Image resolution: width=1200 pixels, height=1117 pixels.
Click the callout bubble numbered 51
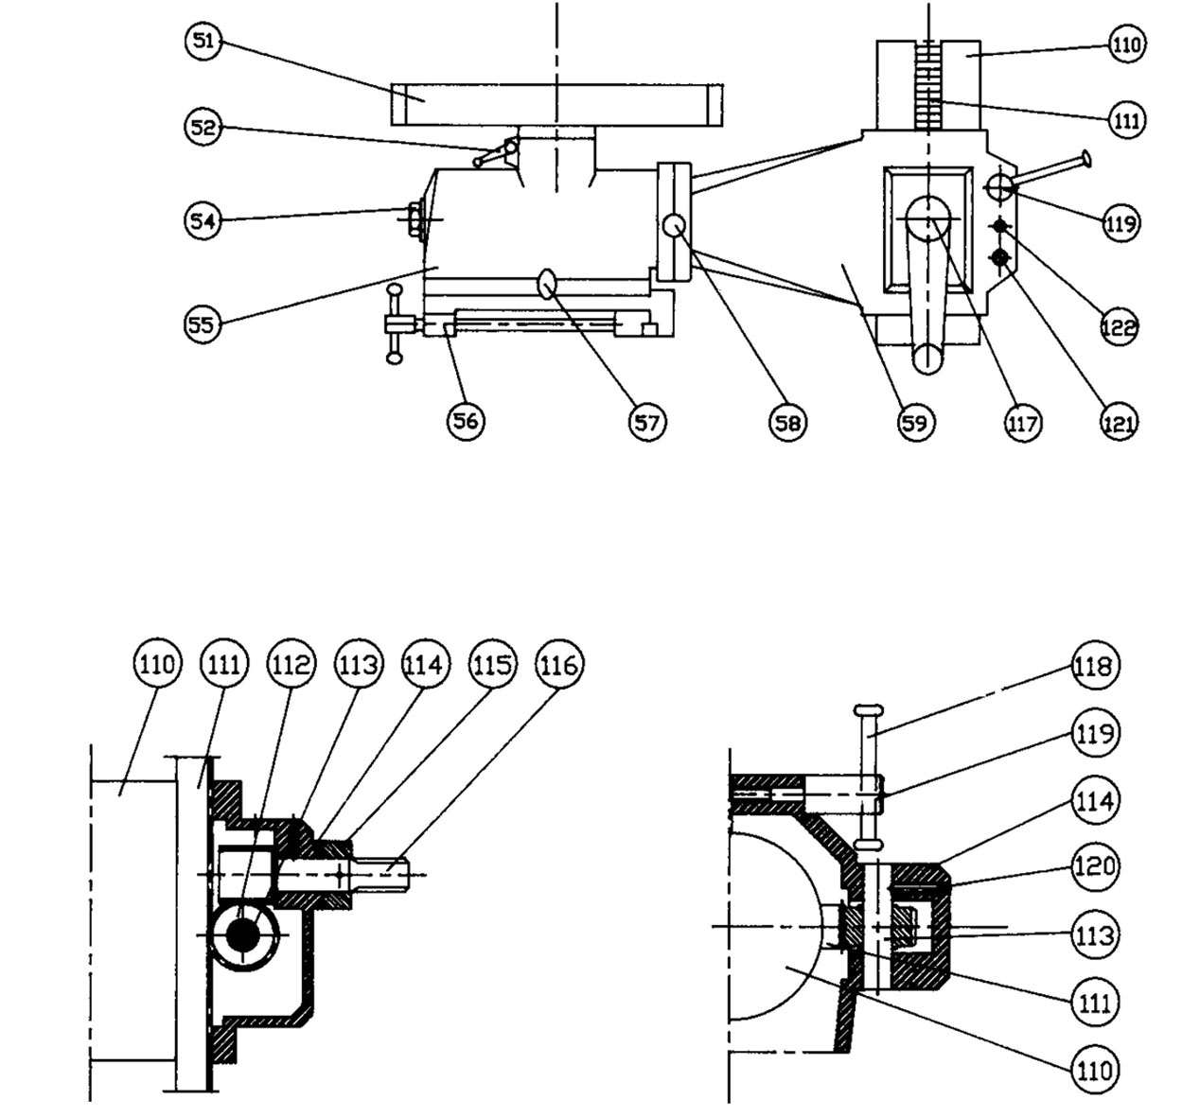point(203,43)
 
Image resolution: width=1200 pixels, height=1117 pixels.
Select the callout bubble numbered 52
point(202,127)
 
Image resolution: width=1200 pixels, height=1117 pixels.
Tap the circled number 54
point(202,220)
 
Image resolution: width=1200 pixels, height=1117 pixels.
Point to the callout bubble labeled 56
point(465,421)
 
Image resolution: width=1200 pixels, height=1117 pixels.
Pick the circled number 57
point(646,421)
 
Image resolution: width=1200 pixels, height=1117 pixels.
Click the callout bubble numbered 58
point(787,422)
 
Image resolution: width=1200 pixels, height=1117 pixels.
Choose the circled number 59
point(914,422)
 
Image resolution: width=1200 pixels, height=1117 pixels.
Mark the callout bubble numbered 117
point(1022,423)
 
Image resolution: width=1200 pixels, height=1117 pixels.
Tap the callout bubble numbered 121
point(1118,423)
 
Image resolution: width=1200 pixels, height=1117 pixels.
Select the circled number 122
point(1119,326)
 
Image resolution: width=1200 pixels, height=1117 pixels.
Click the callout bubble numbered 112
point(290,665)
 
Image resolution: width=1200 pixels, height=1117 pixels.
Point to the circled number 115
point(491,665)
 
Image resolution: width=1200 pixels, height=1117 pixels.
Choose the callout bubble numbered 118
point(1095,666)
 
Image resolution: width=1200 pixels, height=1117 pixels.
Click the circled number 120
point(1095,865)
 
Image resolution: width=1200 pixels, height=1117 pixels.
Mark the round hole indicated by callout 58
point(675,226)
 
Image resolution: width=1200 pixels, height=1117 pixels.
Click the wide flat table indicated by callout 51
point(556,104)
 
